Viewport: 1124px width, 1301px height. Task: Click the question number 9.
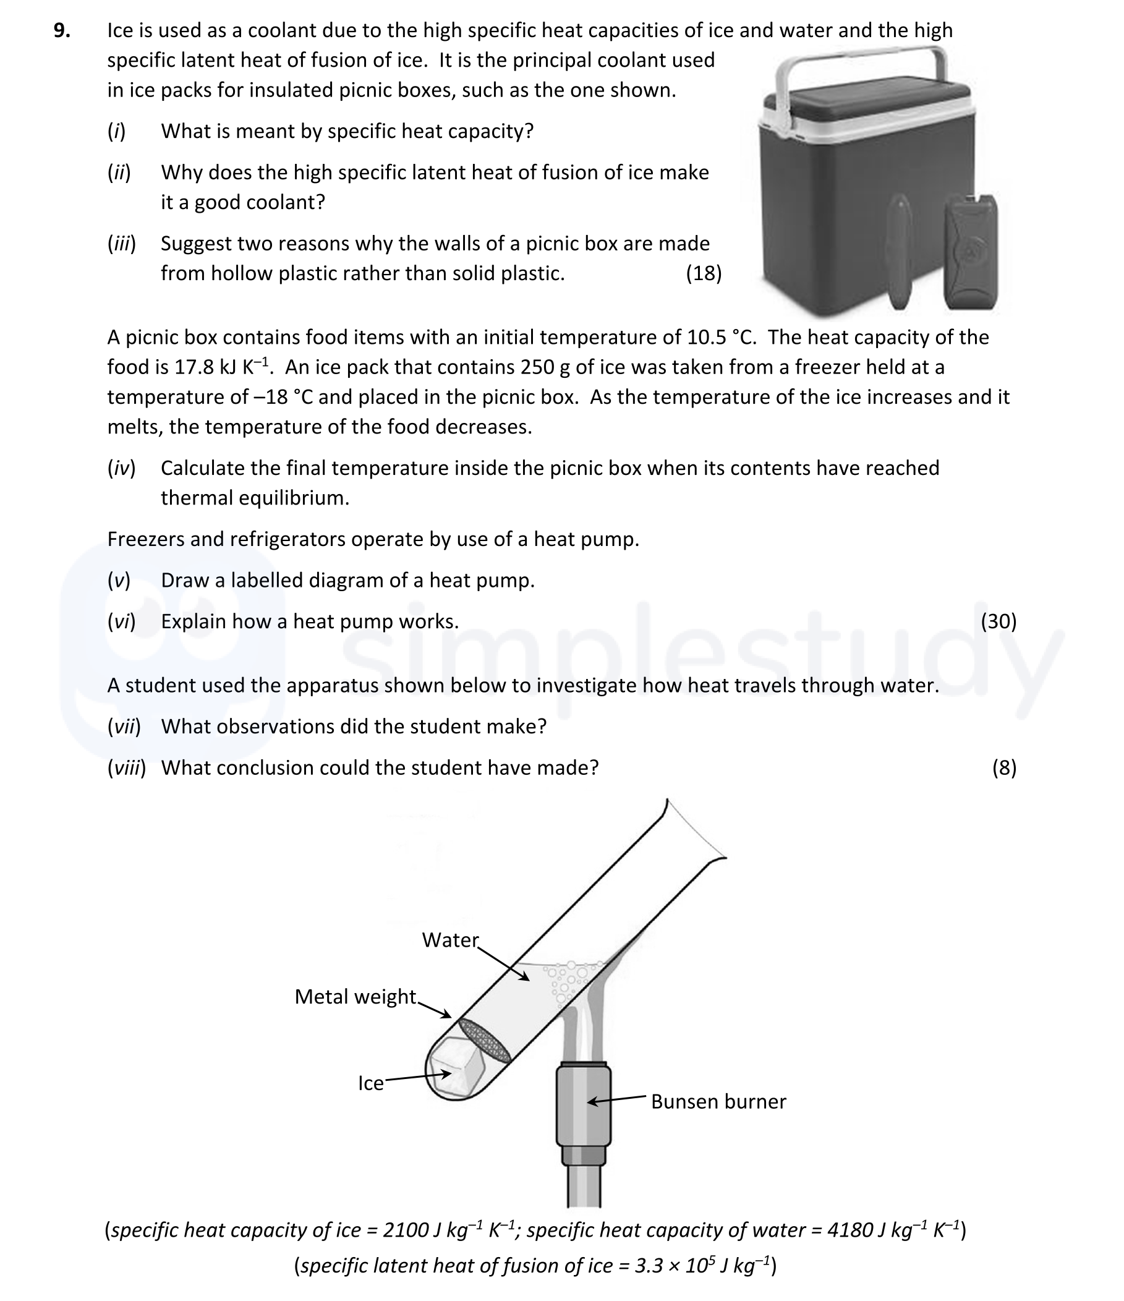[x=62, y=30]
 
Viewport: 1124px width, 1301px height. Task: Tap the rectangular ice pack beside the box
[x=971, y=252]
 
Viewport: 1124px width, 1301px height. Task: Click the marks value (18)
[x=704, y=273]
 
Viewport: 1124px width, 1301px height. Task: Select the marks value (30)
[x=998, y=621]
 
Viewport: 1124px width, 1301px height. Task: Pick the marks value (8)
[x=1004, y=767]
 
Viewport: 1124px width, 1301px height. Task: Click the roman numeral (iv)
[x=121, y=468]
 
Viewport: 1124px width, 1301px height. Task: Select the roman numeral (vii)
[x=124, y=727]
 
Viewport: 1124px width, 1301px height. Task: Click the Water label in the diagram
[x=450, y=940]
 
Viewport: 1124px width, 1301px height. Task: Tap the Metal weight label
[x=356, y=997]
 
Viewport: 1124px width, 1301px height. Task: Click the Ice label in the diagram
[x=370, y=1083]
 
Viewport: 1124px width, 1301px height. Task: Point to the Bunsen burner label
[x=718, y=1101]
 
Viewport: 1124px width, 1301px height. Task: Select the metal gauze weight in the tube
[x=484, y=1041]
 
